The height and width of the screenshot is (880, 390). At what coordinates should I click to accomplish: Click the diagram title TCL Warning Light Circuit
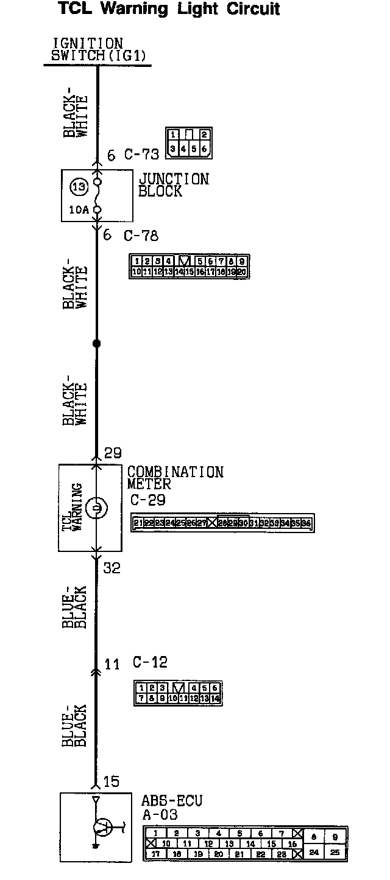click(169, 9)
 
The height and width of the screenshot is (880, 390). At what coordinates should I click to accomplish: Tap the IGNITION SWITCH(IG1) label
click(97, 50)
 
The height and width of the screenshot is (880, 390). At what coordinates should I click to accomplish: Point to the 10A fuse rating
click(79, 210)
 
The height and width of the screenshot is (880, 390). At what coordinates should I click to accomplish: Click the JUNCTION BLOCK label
click(174, 185)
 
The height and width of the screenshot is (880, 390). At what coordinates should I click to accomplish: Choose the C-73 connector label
click(141, 155)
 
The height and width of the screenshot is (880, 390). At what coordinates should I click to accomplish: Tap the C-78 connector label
click(141, 236)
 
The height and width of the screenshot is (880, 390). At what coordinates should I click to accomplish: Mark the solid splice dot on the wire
click(96, 344)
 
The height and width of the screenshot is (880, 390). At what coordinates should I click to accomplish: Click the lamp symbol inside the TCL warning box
click(96, 508)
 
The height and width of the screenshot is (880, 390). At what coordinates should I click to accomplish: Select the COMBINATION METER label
click(175, 478)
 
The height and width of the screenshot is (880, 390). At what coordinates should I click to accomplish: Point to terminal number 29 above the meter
click(113, 453)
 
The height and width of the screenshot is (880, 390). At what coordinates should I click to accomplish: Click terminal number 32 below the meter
click(112, 568)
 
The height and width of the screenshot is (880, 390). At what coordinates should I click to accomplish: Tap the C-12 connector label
click(149, 663)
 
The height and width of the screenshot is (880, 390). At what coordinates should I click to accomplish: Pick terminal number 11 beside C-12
click(112, 664)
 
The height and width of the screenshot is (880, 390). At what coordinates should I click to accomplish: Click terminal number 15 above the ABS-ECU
click(112, 781)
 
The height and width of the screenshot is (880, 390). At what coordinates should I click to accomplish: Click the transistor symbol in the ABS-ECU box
click(102, 828)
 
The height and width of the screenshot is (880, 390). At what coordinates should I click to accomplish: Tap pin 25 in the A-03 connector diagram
click(335, 853)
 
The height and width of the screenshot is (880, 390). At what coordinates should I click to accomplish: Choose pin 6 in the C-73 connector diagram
click(204, 148)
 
